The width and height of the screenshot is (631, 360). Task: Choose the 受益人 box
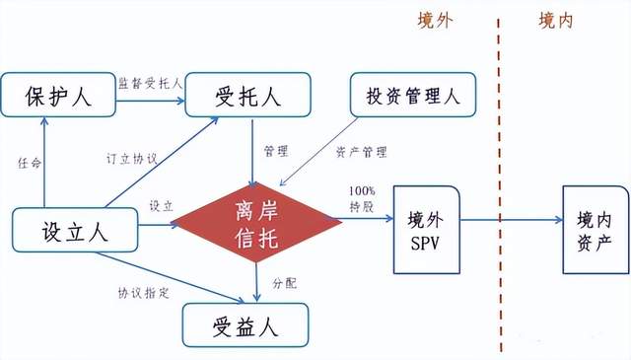tap(245, 323)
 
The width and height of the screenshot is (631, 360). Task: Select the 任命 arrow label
tap(31, 163)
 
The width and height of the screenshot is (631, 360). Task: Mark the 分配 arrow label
tap(284, 282)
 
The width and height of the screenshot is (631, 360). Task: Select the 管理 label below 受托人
tap(275, 151)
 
